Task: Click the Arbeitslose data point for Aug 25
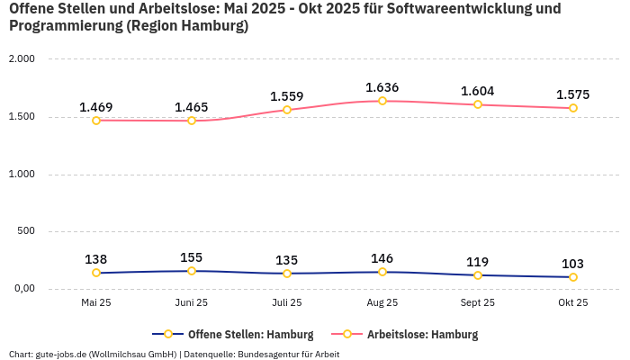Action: point(382,101)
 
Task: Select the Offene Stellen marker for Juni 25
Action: point(192,271)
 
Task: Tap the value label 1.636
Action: point(382,87)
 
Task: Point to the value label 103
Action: point(572,264)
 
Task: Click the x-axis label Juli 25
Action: point(287,303)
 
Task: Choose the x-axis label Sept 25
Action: point(478,303)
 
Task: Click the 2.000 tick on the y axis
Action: point(21,59)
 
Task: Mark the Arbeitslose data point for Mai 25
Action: point(96,121)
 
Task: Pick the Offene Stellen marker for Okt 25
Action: point(573,277)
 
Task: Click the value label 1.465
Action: point(192,107)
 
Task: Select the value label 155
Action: point(192,257)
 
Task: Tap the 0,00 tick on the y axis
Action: point(22,289)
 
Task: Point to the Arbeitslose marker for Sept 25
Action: point(478,104)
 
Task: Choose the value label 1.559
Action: point(287,96)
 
